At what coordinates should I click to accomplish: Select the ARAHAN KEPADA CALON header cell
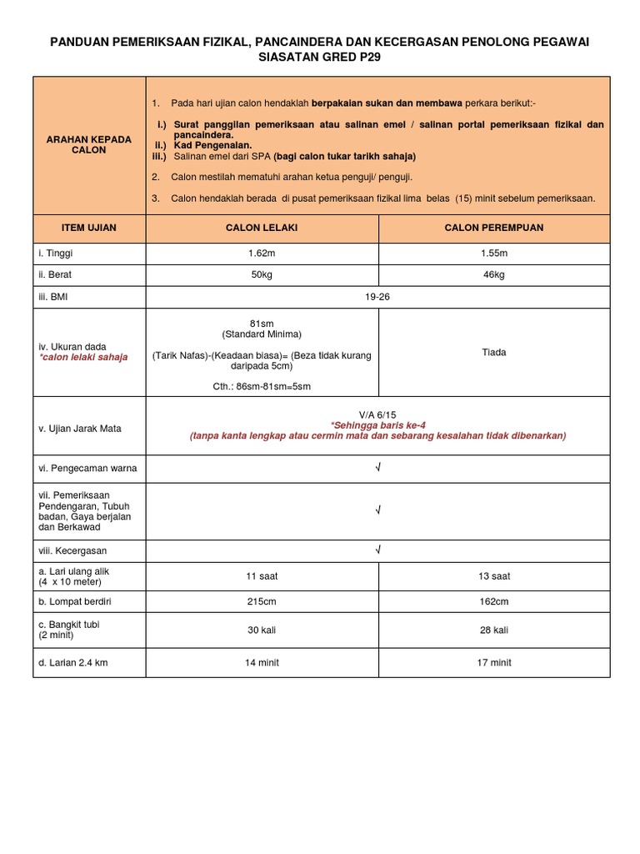coord(89,145)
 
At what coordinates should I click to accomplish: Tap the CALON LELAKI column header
coord(262,228)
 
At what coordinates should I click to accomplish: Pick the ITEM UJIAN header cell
coord(89,228)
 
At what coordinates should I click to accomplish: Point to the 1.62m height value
coord(262,253)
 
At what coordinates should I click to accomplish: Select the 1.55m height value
coord(494,253)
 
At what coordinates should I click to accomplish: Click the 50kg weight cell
coord(262,274)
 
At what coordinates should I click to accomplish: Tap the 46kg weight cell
coord(494,274)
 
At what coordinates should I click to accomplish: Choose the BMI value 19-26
coord(377,296)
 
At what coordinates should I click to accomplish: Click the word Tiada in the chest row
coord(494,352)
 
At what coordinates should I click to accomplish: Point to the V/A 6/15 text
coord(377,414)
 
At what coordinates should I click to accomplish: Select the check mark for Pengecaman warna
coord(377,468)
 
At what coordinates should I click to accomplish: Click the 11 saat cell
coord(262,576)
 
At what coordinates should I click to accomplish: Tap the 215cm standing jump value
coord(262,601)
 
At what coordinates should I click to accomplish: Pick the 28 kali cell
coord(494,630)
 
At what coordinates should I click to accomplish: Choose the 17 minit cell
coord(494,663)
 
